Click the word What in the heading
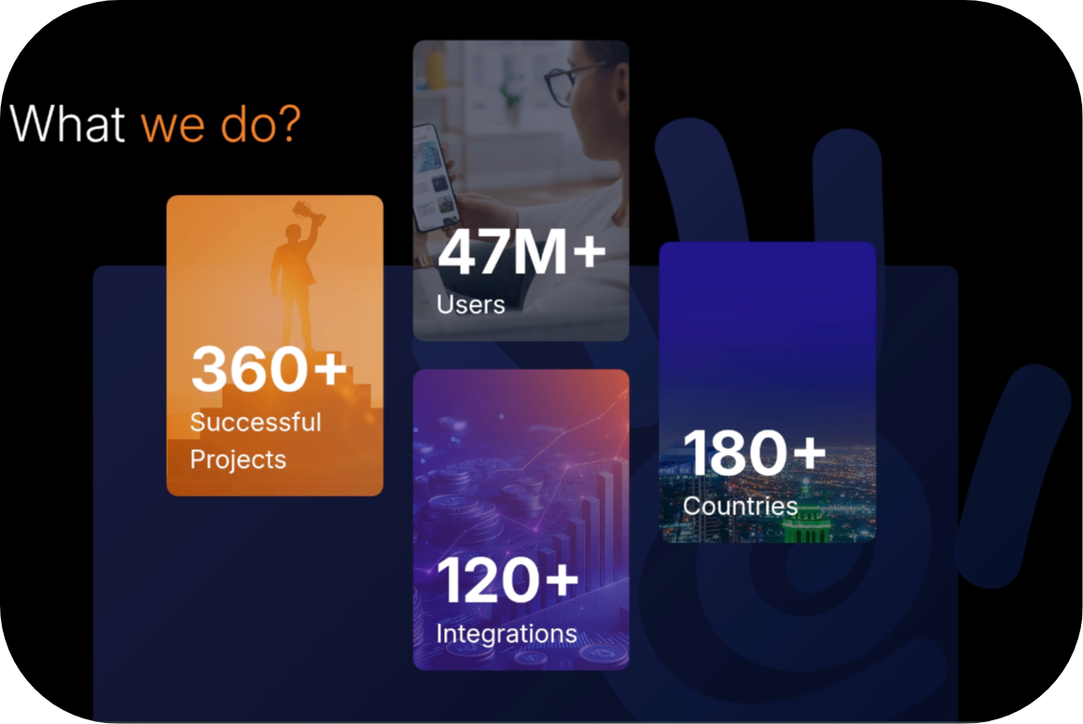pos(68,124)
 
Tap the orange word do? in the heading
pos(260,124)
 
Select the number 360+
pos(270,368)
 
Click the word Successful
pos(256,422)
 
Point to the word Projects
pos(238,459)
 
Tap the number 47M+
pos(522,252)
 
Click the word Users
pos(470,305)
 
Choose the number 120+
pos(508,580)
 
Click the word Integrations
pos(507,634)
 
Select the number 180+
pos(755,452)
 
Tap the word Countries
pos(741,506)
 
